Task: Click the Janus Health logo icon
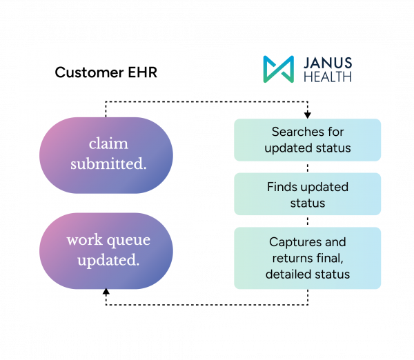click(x=279, y=69)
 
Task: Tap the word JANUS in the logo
click(x=328, y=63)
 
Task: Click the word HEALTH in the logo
click(x=328, y=77)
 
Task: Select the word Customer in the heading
click(x=89, y=72)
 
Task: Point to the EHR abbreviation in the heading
click(x=143, y=72)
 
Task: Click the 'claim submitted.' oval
click(x=106, y=155)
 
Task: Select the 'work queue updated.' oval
click(x=106, y=251)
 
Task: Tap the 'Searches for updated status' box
click(x=308, y=140)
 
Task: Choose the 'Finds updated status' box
click(x=308, y=194)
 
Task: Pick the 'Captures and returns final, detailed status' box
click(x=308, y=258)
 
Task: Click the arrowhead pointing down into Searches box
click(x=308, y=115)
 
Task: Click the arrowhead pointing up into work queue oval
click(x=106, y=292)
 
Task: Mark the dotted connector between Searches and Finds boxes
click(x=308, y=167)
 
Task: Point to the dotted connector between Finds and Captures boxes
click(x=308, y=221)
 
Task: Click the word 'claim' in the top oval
click(x=108, y=144)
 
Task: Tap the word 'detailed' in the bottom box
click(x=288, y=274)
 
